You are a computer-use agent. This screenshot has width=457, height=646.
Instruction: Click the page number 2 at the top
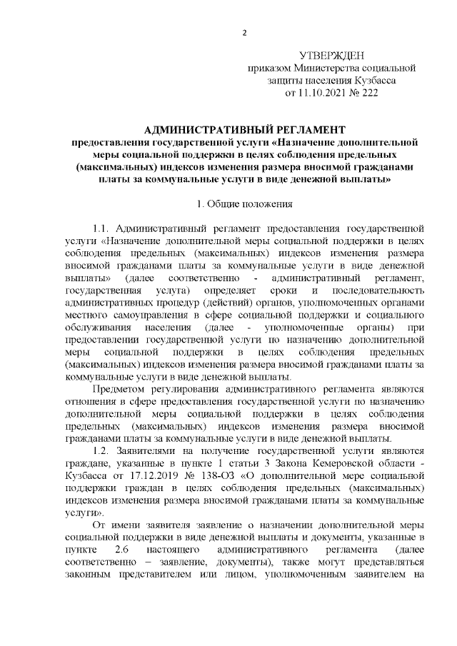[x=244, y=33]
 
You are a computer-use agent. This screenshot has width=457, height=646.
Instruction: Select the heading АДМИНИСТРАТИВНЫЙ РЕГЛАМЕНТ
[x=244, y=131]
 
